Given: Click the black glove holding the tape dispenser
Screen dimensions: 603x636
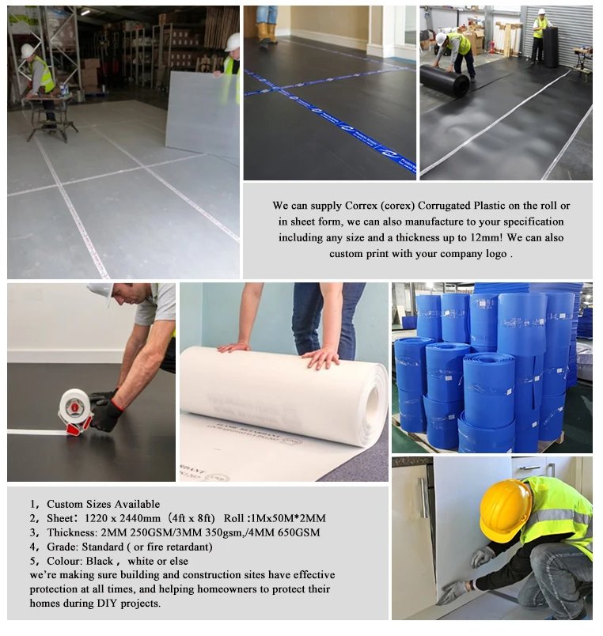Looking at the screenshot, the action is click(106, 409).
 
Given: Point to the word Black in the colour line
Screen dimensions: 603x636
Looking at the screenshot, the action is click(100, 561).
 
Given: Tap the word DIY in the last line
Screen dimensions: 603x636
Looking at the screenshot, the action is click(107, 603).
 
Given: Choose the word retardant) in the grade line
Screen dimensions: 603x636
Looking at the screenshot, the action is click(189, 547).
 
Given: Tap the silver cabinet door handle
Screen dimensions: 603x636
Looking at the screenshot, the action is click(423, 498).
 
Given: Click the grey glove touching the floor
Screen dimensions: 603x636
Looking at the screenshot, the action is click(453, 592).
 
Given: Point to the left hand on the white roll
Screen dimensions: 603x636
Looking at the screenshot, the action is click(233, 347).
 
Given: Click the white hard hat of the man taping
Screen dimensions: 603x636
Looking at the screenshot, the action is click(99, 291).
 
